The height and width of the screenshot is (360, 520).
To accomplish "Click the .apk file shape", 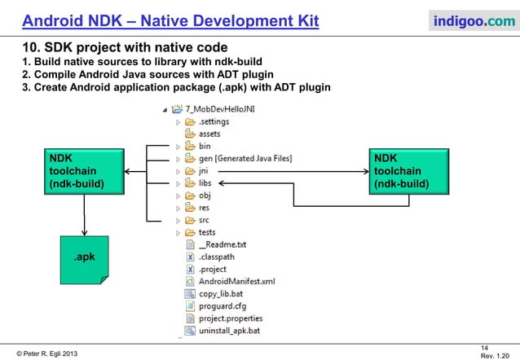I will point(84,259).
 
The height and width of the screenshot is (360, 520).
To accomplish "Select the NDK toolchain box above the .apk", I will point(84,172).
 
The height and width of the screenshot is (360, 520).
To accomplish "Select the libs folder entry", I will point(206,184).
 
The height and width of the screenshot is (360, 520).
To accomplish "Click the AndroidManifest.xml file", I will point(236,282).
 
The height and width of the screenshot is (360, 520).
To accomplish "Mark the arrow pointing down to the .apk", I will point(84,220).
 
